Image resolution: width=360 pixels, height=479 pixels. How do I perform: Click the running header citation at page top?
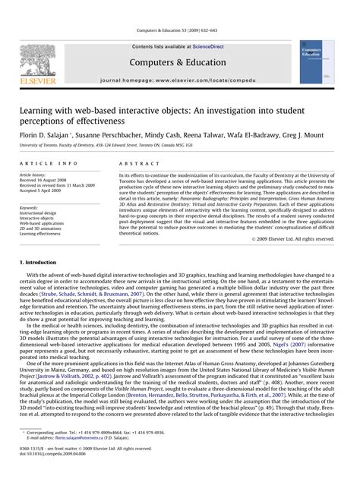(x=179, y=30)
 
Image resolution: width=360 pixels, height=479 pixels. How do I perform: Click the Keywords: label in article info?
(x=30, y=206)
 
